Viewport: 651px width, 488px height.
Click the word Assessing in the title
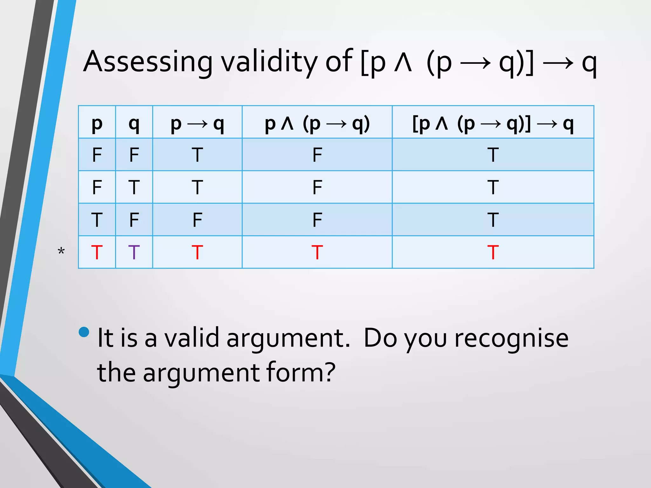147,62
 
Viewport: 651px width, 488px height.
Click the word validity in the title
269,62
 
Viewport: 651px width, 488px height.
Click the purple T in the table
134,252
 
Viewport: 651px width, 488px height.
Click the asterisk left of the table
61,252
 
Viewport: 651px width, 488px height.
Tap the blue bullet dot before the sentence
84,332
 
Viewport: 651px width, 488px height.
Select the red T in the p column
97,252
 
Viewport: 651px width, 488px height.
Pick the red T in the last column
493,252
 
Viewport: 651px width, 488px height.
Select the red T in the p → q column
197,252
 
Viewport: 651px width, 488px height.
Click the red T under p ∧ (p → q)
317,252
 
